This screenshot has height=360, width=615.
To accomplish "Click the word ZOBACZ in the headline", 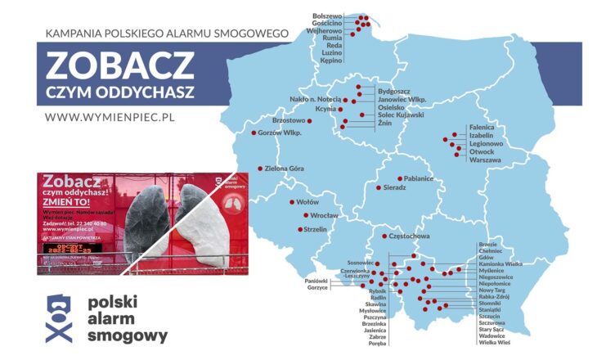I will (x=120, y=64).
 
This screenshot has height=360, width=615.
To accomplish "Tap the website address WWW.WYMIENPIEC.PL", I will (x=111, y=116).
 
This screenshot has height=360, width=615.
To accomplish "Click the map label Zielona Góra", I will (x=285, y=169).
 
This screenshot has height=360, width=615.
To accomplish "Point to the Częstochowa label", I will (x=410, y=236).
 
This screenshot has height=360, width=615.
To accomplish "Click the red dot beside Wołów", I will (x=292, y=201).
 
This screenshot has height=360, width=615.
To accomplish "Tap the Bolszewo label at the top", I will (x=327, y=16).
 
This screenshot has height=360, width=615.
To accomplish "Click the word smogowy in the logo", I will (x=127, y=335).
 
